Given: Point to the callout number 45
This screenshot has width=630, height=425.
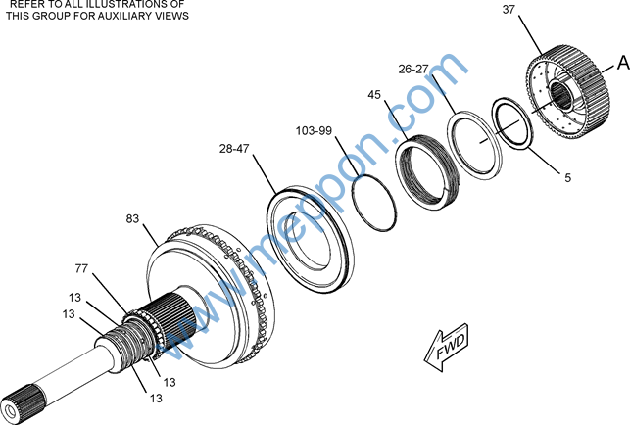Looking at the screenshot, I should tap(374, 95).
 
